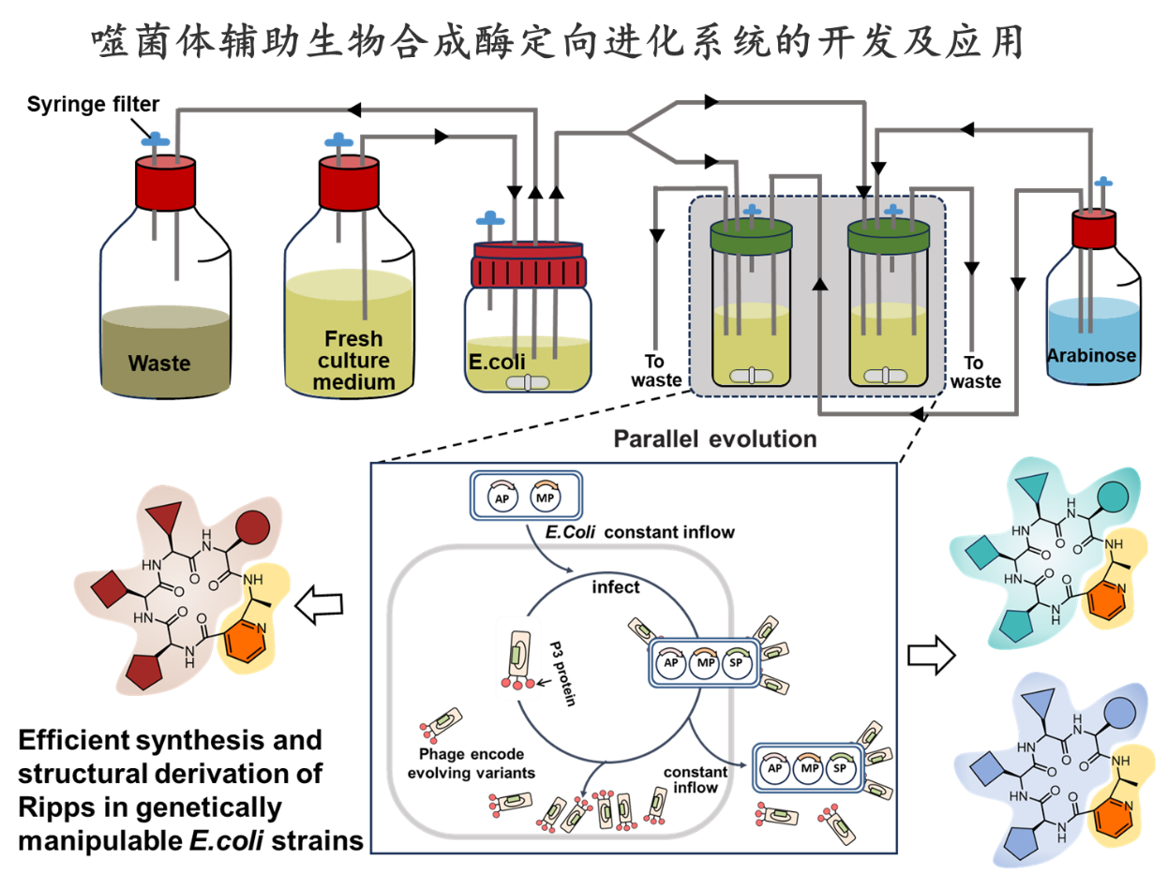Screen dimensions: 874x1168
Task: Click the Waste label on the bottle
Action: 159,363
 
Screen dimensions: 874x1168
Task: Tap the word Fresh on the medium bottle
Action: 352,339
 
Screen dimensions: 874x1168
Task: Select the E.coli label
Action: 493,356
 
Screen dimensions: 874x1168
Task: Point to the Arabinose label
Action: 1091,355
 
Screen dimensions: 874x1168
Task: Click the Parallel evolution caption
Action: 714,438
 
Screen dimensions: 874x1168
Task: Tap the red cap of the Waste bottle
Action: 165,184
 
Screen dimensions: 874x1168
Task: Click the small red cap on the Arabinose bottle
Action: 1093,230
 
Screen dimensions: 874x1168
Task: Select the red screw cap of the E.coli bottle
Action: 529,268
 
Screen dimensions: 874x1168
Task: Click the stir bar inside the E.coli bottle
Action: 527,382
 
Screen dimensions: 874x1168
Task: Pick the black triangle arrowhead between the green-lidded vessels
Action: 821,284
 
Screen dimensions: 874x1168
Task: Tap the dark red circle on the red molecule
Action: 252,528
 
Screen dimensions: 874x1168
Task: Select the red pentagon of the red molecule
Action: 144,670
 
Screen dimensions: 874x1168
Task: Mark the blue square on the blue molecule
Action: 988,770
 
